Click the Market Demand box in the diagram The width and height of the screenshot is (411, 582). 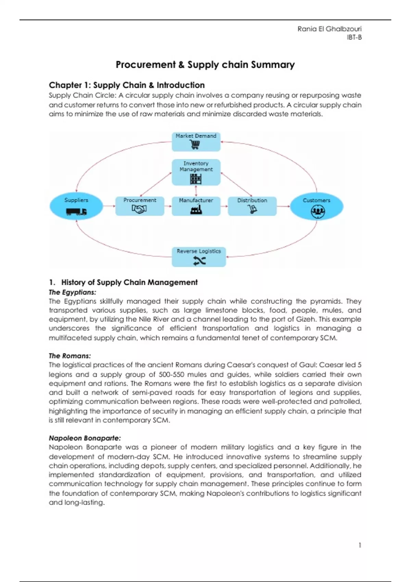coord(196,141)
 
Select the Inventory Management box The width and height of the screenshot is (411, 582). coord(196,172)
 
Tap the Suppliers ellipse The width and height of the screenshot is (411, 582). coord(76,206)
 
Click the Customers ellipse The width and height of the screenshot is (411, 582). coord(316,206)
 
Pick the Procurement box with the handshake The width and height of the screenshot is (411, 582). coord(139,206)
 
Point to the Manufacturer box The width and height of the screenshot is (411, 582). coord(196,206)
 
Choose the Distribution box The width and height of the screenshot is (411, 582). coord(252,206)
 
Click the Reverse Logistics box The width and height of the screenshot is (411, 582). coord(199,257)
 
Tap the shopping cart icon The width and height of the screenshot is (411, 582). coord(195,145)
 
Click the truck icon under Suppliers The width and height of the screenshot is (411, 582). coord(76,212)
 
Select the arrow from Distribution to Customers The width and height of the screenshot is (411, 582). coord(283,206)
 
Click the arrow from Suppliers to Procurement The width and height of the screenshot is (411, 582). coord(109,206)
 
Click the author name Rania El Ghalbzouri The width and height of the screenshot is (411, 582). coord(329,29)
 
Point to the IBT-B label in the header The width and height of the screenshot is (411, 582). coord(354,37)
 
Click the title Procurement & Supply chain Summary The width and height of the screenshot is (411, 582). coord(205,65)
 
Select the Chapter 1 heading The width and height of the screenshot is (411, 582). coord(127,85)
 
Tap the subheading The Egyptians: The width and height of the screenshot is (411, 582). coord(72,292)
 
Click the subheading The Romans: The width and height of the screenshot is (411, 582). coord(70,356)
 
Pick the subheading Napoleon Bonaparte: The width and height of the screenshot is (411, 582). coord(85,438)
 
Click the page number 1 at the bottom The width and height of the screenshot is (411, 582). coord(360,545)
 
